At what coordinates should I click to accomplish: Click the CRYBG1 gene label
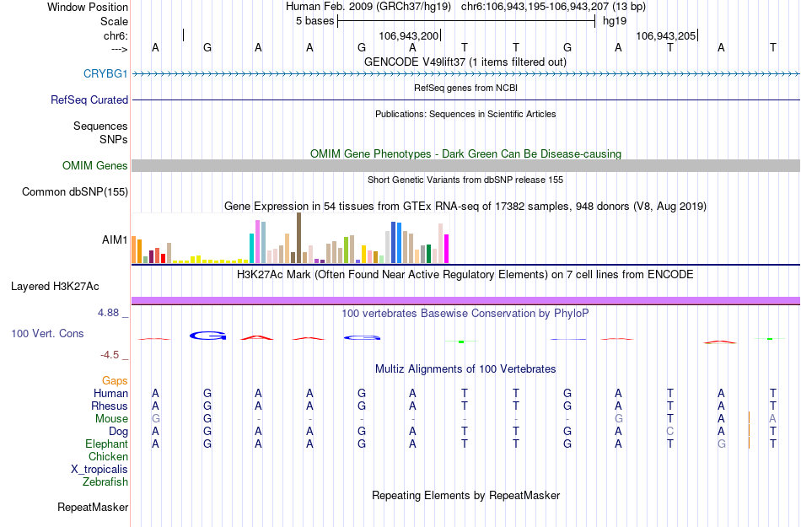[105, 74]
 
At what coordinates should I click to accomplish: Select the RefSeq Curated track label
[89, 99]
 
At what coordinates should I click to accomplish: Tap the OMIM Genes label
[95, 166]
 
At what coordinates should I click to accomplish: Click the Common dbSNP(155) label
[75, 192]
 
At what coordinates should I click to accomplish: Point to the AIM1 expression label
[115, 240]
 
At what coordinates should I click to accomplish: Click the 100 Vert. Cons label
[47, 334]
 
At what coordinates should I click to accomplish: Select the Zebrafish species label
[105, 482]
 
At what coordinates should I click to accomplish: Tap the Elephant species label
[106, 444]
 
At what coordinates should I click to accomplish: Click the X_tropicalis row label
[99, 470]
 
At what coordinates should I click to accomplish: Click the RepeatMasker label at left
[93, 508]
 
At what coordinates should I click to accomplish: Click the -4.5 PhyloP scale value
[111, 355]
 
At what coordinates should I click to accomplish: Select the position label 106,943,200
[409, 36]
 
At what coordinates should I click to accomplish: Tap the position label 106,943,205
[666, 36]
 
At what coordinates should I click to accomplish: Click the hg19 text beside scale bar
[614, 21]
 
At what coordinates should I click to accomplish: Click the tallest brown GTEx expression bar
[298, 238]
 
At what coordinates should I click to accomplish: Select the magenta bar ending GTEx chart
[447, 249]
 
